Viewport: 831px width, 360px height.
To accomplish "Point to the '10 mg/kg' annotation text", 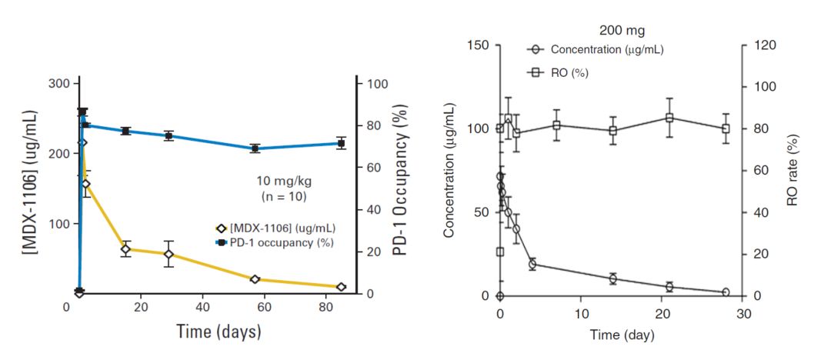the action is [x=284, y=181].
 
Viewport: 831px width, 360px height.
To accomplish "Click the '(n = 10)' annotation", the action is [x=285, y=197].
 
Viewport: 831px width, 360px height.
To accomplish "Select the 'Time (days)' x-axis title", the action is [x=219, y=332].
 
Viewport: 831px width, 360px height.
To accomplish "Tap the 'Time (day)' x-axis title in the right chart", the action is [x=622, y=335].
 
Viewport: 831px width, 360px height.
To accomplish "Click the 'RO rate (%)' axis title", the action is [x=792, y=170].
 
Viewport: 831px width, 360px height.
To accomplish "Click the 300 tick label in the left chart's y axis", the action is [x=58, y=83].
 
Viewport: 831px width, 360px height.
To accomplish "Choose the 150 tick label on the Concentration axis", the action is [x=478, y=45].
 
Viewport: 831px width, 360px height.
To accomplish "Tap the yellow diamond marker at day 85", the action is [x=341, y=287].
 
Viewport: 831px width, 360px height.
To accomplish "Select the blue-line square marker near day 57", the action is [x=255, y=148].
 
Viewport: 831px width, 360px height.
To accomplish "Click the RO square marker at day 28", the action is [x=726, y=128].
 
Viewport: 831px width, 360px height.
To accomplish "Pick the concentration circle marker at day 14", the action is [x=613, y=278].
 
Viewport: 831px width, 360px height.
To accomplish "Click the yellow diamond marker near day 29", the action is [x=169, y=255].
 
